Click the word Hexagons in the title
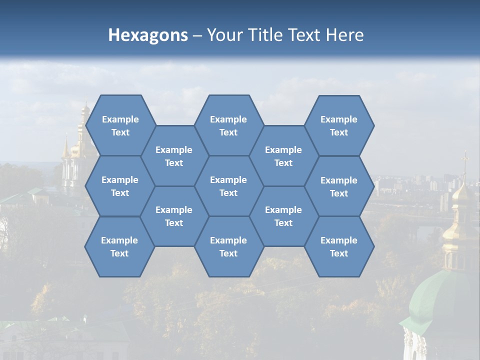148,35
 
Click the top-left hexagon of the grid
120,125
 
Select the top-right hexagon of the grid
339,125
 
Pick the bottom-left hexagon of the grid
119,246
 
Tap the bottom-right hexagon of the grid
339,246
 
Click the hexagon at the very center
228,186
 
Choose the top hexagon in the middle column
228,125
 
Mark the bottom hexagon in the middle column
228,246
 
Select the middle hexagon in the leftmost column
120,186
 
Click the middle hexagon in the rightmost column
339,186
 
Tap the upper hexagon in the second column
174,156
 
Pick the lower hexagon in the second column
174,216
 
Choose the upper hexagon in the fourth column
283,156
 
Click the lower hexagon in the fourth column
283,216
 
